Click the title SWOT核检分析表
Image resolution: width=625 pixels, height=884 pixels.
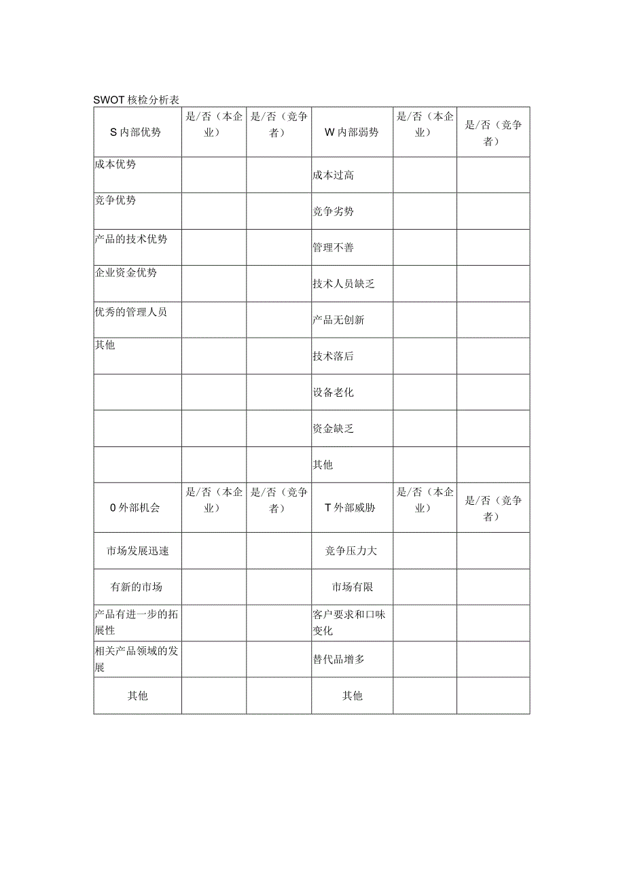tap(136, 100)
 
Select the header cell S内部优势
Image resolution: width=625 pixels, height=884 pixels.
tap(136, 132)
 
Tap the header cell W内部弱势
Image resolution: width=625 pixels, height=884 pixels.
tap(351, 132)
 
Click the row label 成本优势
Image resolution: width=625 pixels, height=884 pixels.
tap(115, 164)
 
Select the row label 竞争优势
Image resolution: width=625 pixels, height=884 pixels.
tap(115, 200)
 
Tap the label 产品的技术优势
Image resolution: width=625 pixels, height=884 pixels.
tap(130, 238)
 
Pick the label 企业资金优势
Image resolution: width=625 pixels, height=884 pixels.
tap(126, 272)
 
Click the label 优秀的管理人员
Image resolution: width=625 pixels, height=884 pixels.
tap(130, 312)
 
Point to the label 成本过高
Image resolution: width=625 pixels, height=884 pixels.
tap(333, 175)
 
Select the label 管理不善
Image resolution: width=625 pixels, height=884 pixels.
tap(333, 247)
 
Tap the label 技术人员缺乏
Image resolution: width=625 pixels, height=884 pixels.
tap(343, 283)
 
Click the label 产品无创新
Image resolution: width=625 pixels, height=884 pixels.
tap(338, 319)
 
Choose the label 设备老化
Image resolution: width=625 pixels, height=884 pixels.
tap(333, 392)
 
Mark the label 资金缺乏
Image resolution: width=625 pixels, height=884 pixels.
tap(333, 429)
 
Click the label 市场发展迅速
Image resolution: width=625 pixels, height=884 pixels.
tap(138, 550)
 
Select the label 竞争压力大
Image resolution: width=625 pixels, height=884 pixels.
tap(351, 550)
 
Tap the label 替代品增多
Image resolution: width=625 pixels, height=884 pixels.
tap(338, 659)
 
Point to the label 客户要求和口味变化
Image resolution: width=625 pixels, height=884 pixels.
tap(349, 622)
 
